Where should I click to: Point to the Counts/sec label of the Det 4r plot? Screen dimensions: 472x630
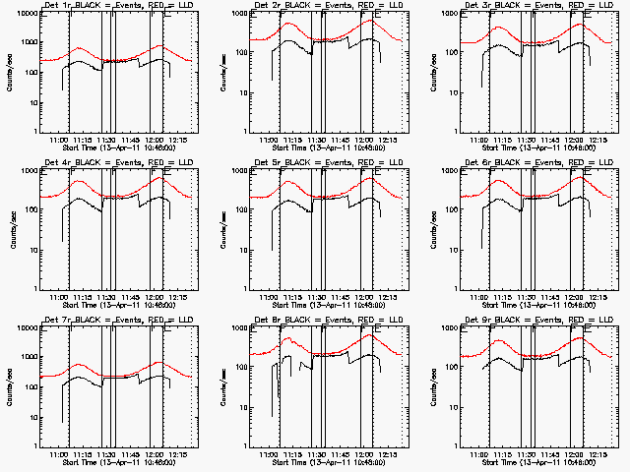(11, 229)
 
